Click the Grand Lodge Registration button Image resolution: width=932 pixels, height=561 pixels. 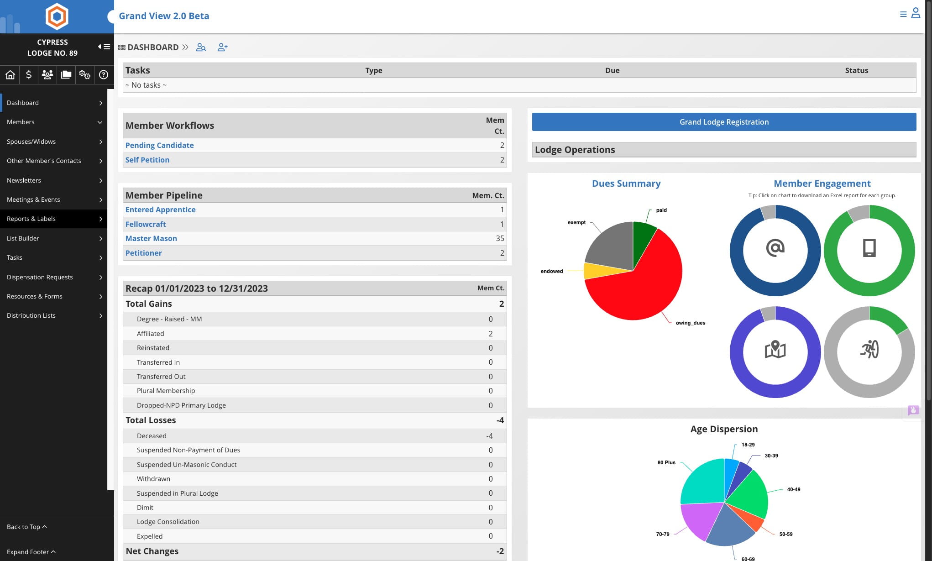724,122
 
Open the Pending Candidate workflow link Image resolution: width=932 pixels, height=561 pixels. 159,145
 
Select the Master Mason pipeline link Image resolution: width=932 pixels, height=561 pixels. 151,238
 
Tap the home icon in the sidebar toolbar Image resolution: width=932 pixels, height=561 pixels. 10,74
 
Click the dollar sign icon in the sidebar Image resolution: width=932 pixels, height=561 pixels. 29,74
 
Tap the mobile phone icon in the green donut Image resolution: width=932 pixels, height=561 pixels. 869,248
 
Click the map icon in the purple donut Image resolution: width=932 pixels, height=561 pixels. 775,350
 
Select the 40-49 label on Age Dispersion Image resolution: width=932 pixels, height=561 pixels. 793,489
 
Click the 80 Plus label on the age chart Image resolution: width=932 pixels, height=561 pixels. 666,462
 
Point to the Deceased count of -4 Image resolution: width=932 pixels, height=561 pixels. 489,436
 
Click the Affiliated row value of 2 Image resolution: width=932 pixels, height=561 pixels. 491,334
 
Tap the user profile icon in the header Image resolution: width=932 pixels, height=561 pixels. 916,13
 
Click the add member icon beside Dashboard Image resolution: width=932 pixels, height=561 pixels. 222,47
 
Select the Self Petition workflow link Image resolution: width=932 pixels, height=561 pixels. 147,160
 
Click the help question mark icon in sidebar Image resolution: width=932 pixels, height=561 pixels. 104,74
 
